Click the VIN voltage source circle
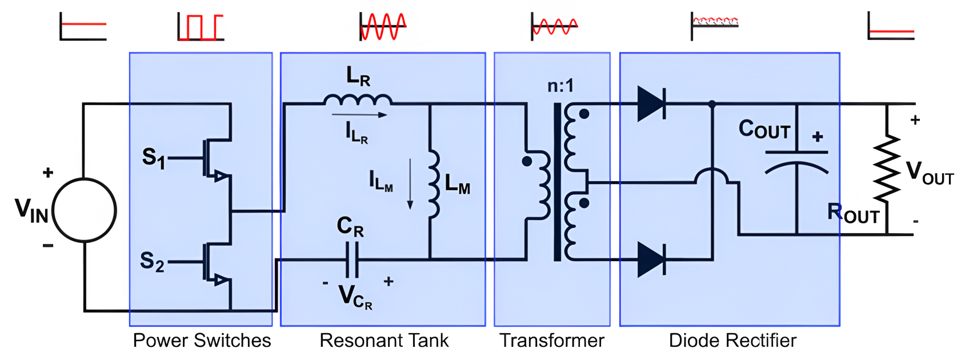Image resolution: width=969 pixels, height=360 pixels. (x=85, y=210)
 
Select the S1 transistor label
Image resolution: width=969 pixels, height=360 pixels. (x=153, y=157)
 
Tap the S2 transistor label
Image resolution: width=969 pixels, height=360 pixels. (x=152, y=261)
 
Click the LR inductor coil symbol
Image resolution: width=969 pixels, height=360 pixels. (x=358, y=101)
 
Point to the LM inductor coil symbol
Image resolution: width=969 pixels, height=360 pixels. (x=434, y=184)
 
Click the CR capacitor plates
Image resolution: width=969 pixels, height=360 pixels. (x=353, y=259)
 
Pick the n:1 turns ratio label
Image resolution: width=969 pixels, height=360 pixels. (x=560, y=86)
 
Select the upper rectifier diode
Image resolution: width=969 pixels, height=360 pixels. (x=651, y=104)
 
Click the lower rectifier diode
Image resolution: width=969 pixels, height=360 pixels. (x=651, y=259)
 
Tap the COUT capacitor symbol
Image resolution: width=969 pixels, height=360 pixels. (x=796, y=160)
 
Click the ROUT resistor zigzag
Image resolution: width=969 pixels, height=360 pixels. (x=887, y=169)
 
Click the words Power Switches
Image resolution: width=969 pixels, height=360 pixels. (x=202, y=341)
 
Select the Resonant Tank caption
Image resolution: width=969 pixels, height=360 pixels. (x=384, y=341)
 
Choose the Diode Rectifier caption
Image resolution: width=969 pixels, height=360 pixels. (x=732, y=341)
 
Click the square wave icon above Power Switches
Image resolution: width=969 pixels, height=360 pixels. (x=200, y=27)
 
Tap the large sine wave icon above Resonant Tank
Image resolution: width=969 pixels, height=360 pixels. (x=383, y=26)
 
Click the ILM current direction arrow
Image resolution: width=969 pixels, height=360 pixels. (x=410, y=184)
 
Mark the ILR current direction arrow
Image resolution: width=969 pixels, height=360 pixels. (x=359, y=115)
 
